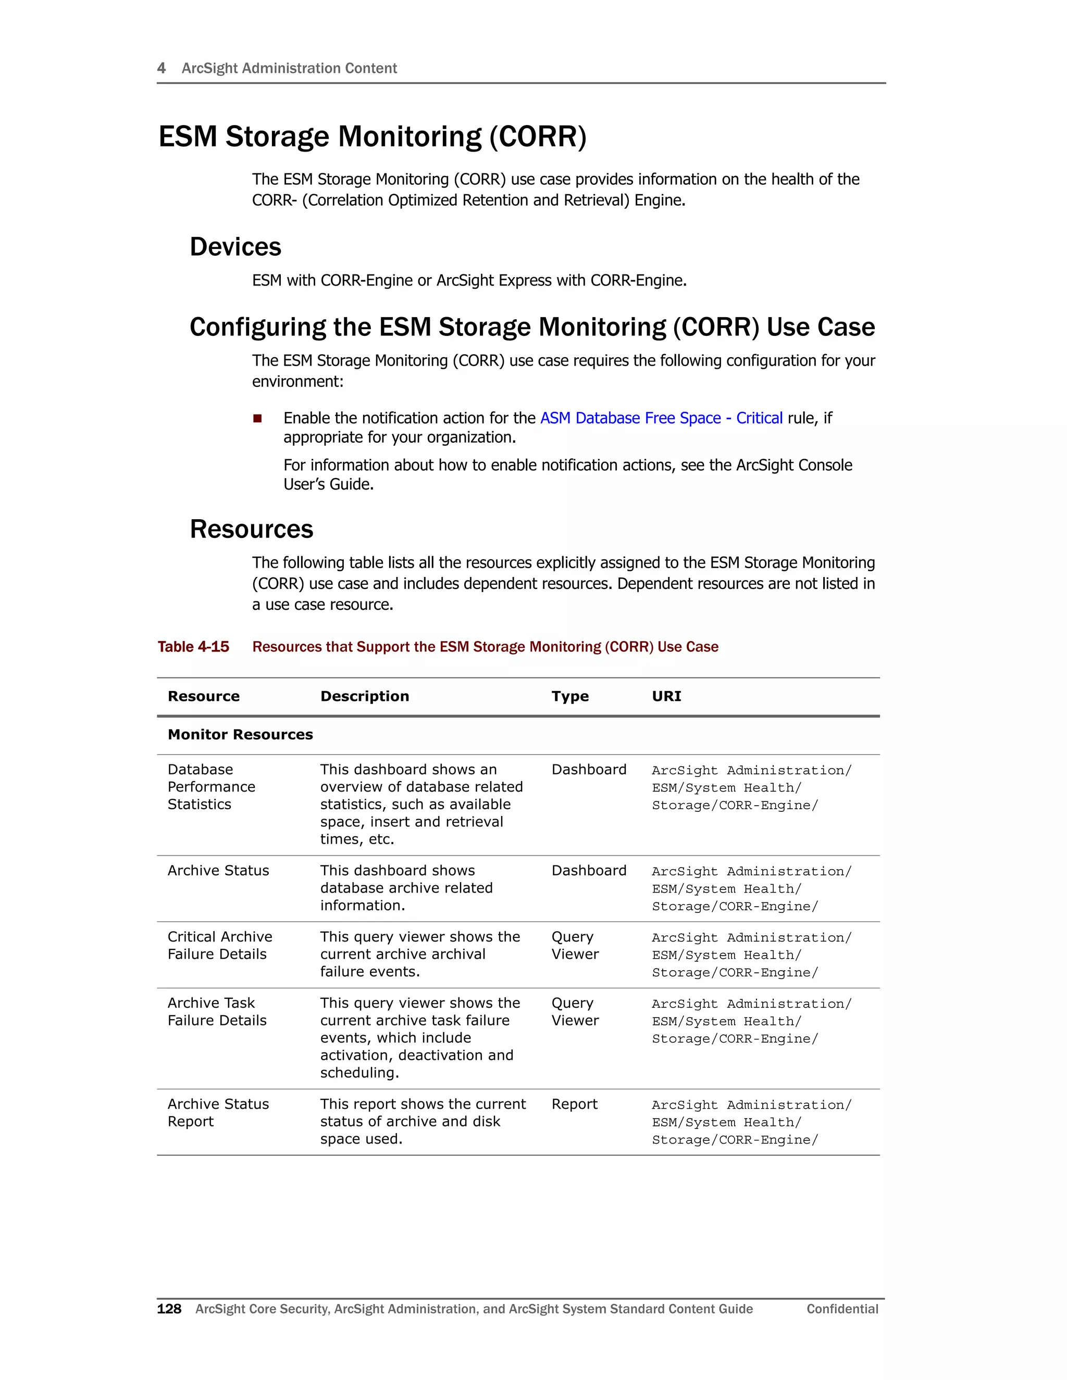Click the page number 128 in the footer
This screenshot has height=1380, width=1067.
[x=169, y=1309]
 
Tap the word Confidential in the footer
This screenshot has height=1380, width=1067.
[x=842, y=1309]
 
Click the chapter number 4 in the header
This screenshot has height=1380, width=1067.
[x=161, y=68]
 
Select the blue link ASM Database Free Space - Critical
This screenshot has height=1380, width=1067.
[x=661, y=418]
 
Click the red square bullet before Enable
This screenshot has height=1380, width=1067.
[x=257, y=418]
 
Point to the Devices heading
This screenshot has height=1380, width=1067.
[x=235, y=247]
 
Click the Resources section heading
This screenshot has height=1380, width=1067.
[x=251, y=530]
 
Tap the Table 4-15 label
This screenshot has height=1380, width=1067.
[x=193, y=646]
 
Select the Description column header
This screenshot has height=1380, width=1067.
[x=364, y=696]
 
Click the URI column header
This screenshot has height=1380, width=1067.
[x=666, y=696]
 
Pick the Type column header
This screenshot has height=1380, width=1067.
[x=569, y=696]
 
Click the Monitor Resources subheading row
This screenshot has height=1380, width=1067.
[x=240, y=734]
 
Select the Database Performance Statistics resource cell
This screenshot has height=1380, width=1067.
[x=211, y=787]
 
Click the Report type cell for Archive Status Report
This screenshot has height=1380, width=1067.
[x=574, y=1104]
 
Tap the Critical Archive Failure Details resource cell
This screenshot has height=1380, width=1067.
[x=219, y=945]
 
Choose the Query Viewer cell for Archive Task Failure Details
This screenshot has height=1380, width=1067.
[x=574, y=1012]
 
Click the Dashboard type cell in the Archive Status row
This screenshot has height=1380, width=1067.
[x=589, y=871]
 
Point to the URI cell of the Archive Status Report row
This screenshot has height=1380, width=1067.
[x=751, y=1122]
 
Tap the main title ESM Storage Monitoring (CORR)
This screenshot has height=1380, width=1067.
[x=373, y=136]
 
